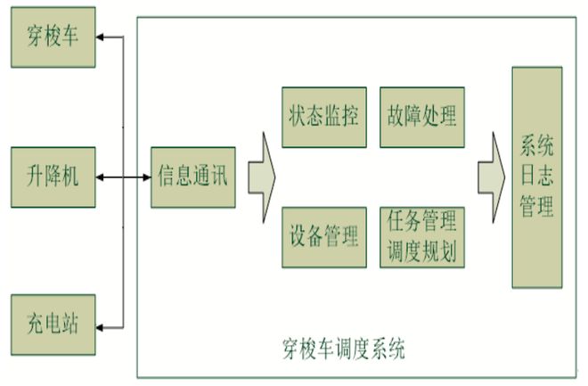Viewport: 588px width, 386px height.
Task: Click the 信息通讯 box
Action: coord(192,177)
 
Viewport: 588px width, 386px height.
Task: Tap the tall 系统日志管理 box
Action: coord(537,177)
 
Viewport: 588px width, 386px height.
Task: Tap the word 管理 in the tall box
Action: coord(537,209)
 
